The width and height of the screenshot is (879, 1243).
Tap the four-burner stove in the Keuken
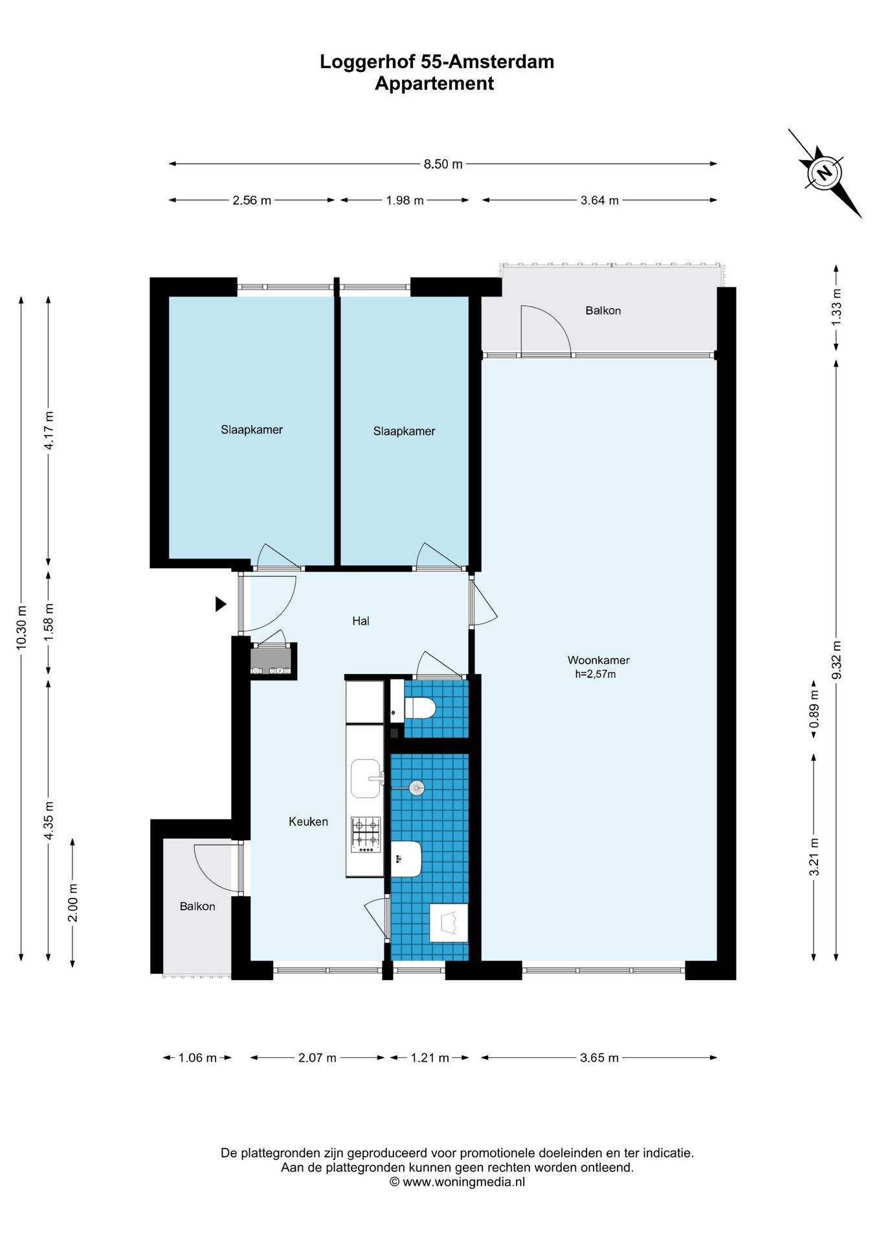click(x=366, y=835)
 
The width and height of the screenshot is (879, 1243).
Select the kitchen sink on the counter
click(x=366, y=779)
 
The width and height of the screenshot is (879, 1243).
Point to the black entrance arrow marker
click(x=221, y=604)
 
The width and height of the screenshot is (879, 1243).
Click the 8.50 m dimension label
click(x=443, y=164)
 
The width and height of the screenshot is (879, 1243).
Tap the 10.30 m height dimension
click(x=22, y=628)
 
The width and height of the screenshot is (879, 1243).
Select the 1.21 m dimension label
click(x=430, y=1058)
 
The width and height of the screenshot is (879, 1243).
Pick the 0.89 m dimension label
click(x=815, y=709)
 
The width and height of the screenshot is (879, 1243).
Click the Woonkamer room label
click(x=599, y=660)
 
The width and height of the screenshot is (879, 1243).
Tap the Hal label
click(x=361, y=621)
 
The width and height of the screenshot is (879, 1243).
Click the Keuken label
click(x=308, y=822)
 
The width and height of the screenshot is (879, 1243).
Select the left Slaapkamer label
click(x=252, y=429)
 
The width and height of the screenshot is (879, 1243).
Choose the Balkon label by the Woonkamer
click(x=603, y=311)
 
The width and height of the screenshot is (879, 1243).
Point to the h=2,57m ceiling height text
click(x=595, y=675)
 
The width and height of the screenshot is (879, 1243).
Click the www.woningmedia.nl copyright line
click(x=457, y=1181)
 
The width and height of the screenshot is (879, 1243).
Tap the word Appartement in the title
click(x=434, y=84)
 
